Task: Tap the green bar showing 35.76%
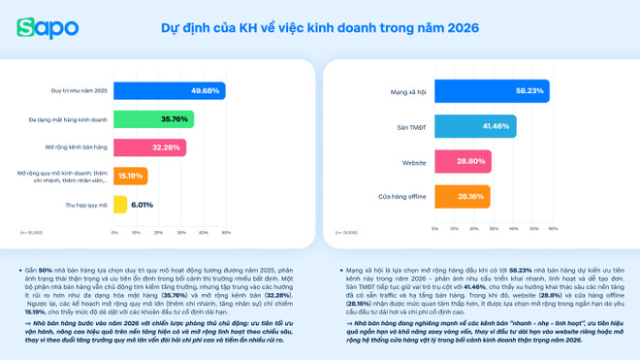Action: pyautogui.click(x=153, y=119)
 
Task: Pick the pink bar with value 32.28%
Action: pyautogui.click(x=149, y=147)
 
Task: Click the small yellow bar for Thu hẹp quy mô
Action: pyautogui.click(x=120, y=205)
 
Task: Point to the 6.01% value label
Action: pyautogui.click(x=143, y=205)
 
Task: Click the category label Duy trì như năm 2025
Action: pyautogui.click(x=80, y=91)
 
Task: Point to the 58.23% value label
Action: pyautogui.click(x=529, y=91)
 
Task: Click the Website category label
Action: pyautogui.click(x=413, y=162)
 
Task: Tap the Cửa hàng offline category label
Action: pyautogui.click(x=402, y=197)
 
